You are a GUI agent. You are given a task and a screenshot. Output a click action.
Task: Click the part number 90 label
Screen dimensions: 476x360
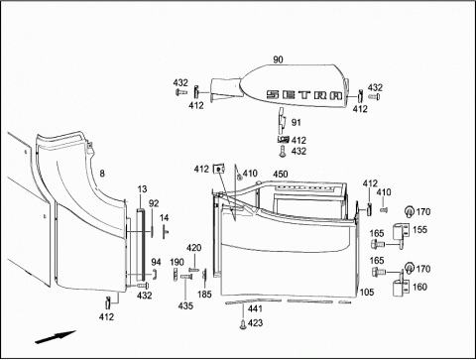tap(278, 60)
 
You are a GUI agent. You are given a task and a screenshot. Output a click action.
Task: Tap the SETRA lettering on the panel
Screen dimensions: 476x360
tap(304, 95)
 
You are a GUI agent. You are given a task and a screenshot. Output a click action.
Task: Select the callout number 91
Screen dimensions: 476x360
tap(296, 122)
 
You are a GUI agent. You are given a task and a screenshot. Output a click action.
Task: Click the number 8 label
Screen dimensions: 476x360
tap(102, 173)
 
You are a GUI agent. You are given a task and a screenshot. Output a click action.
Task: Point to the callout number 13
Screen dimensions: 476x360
tap(142, 189)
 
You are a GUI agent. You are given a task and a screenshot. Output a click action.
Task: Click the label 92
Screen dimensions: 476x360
tap(154, 203)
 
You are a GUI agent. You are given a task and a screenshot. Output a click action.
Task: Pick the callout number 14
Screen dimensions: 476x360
tap(164, 218)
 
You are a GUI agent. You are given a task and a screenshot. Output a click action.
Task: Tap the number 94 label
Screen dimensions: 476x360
tap(156, 262)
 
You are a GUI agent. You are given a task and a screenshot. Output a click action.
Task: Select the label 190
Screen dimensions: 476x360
tap(177, 262)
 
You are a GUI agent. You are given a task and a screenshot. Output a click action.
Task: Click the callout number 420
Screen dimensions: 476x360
tap(193, 248)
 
